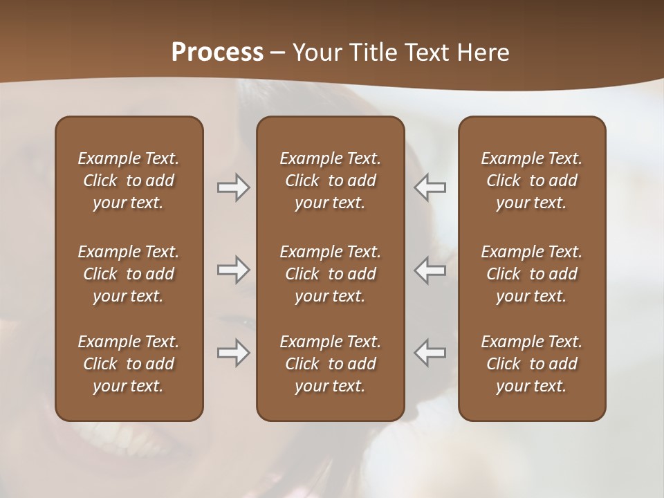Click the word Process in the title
tap(217, 53)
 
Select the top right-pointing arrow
tap(233, 187)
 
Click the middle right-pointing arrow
tap(233, 270)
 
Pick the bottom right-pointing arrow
tap(233, 352)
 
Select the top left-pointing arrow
tap(430, 187)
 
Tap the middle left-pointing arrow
tap(430, 270)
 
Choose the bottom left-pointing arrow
tap(430, 352)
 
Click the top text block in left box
tap(129, 181)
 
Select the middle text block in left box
tap(129, 274)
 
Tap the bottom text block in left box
tap(129, 364)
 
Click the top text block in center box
tap(330, 181)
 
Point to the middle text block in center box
tap(330, 274)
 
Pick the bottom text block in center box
tap(330, 364)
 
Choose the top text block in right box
tap(531, 181)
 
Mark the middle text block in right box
tap(531, 274)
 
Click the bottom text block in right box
tap(531, 364)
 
